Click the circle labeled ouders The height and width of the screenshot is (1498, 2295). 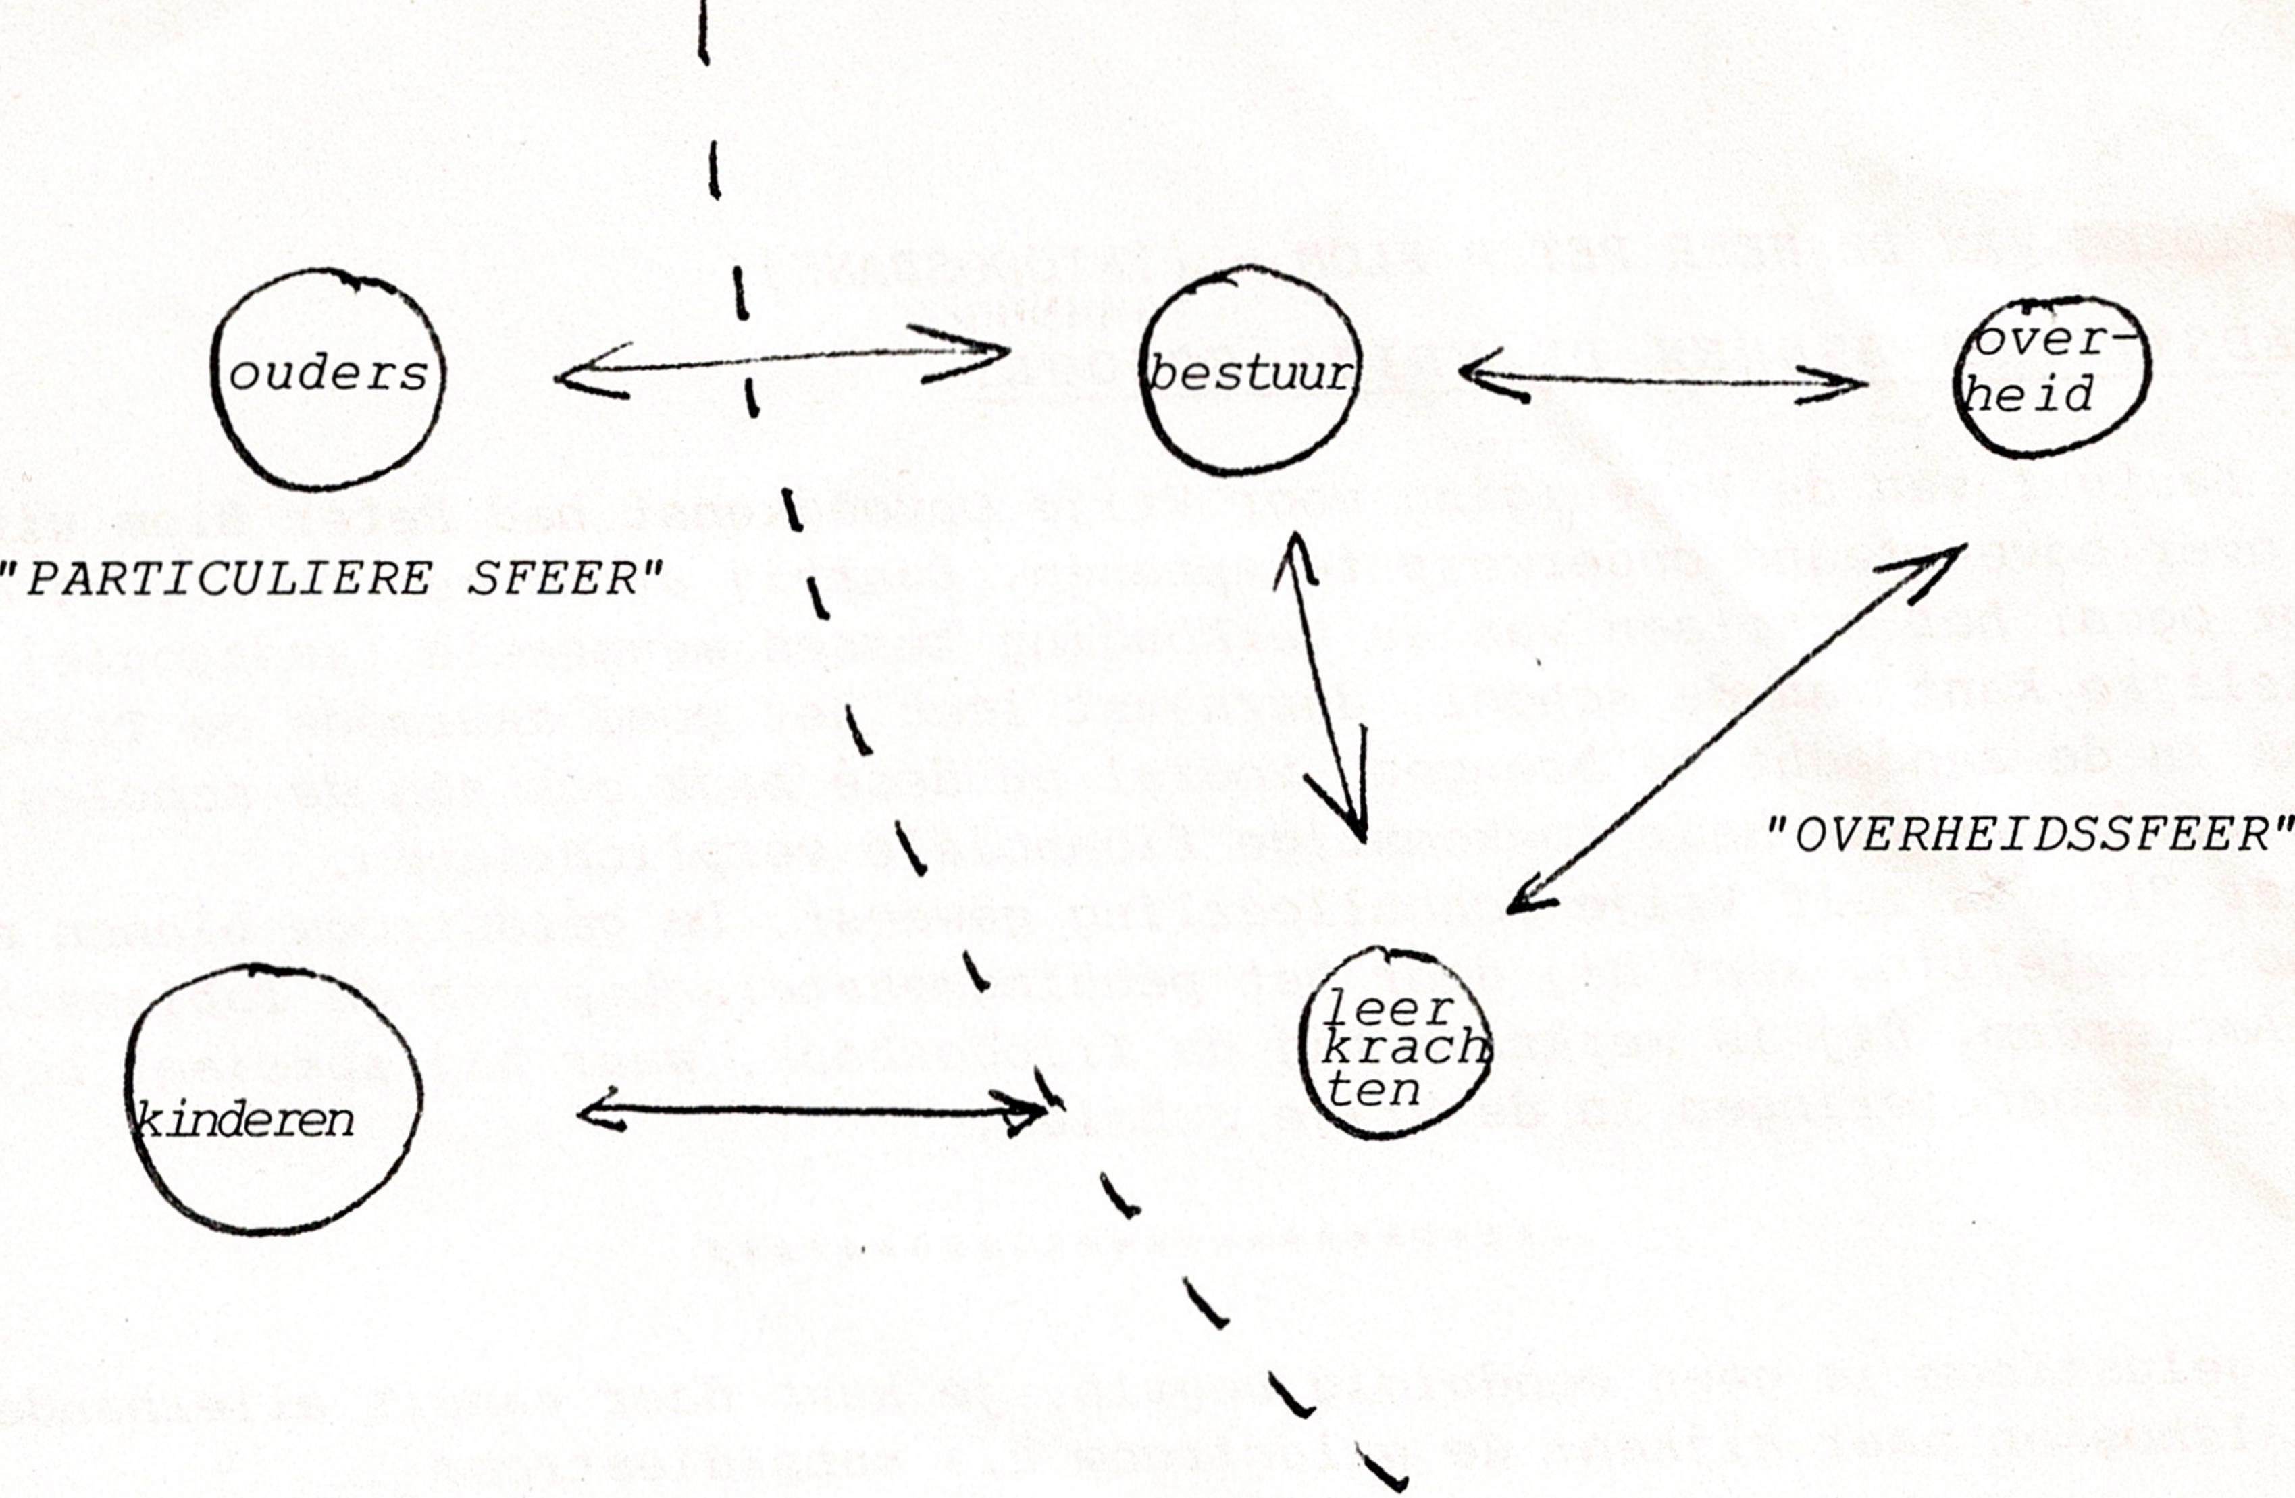(x=328, y=380)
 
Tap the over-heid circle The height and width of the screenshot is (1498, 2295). (x=2052, y=376)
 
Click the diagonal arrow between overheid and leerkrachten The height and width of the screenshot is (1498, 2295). (x=1736, y=729)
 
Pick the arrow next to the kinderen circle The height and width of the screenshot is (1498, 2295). (x=812, y=1112)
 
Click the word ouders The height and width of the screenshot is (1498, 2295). (x=328, y=374)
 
